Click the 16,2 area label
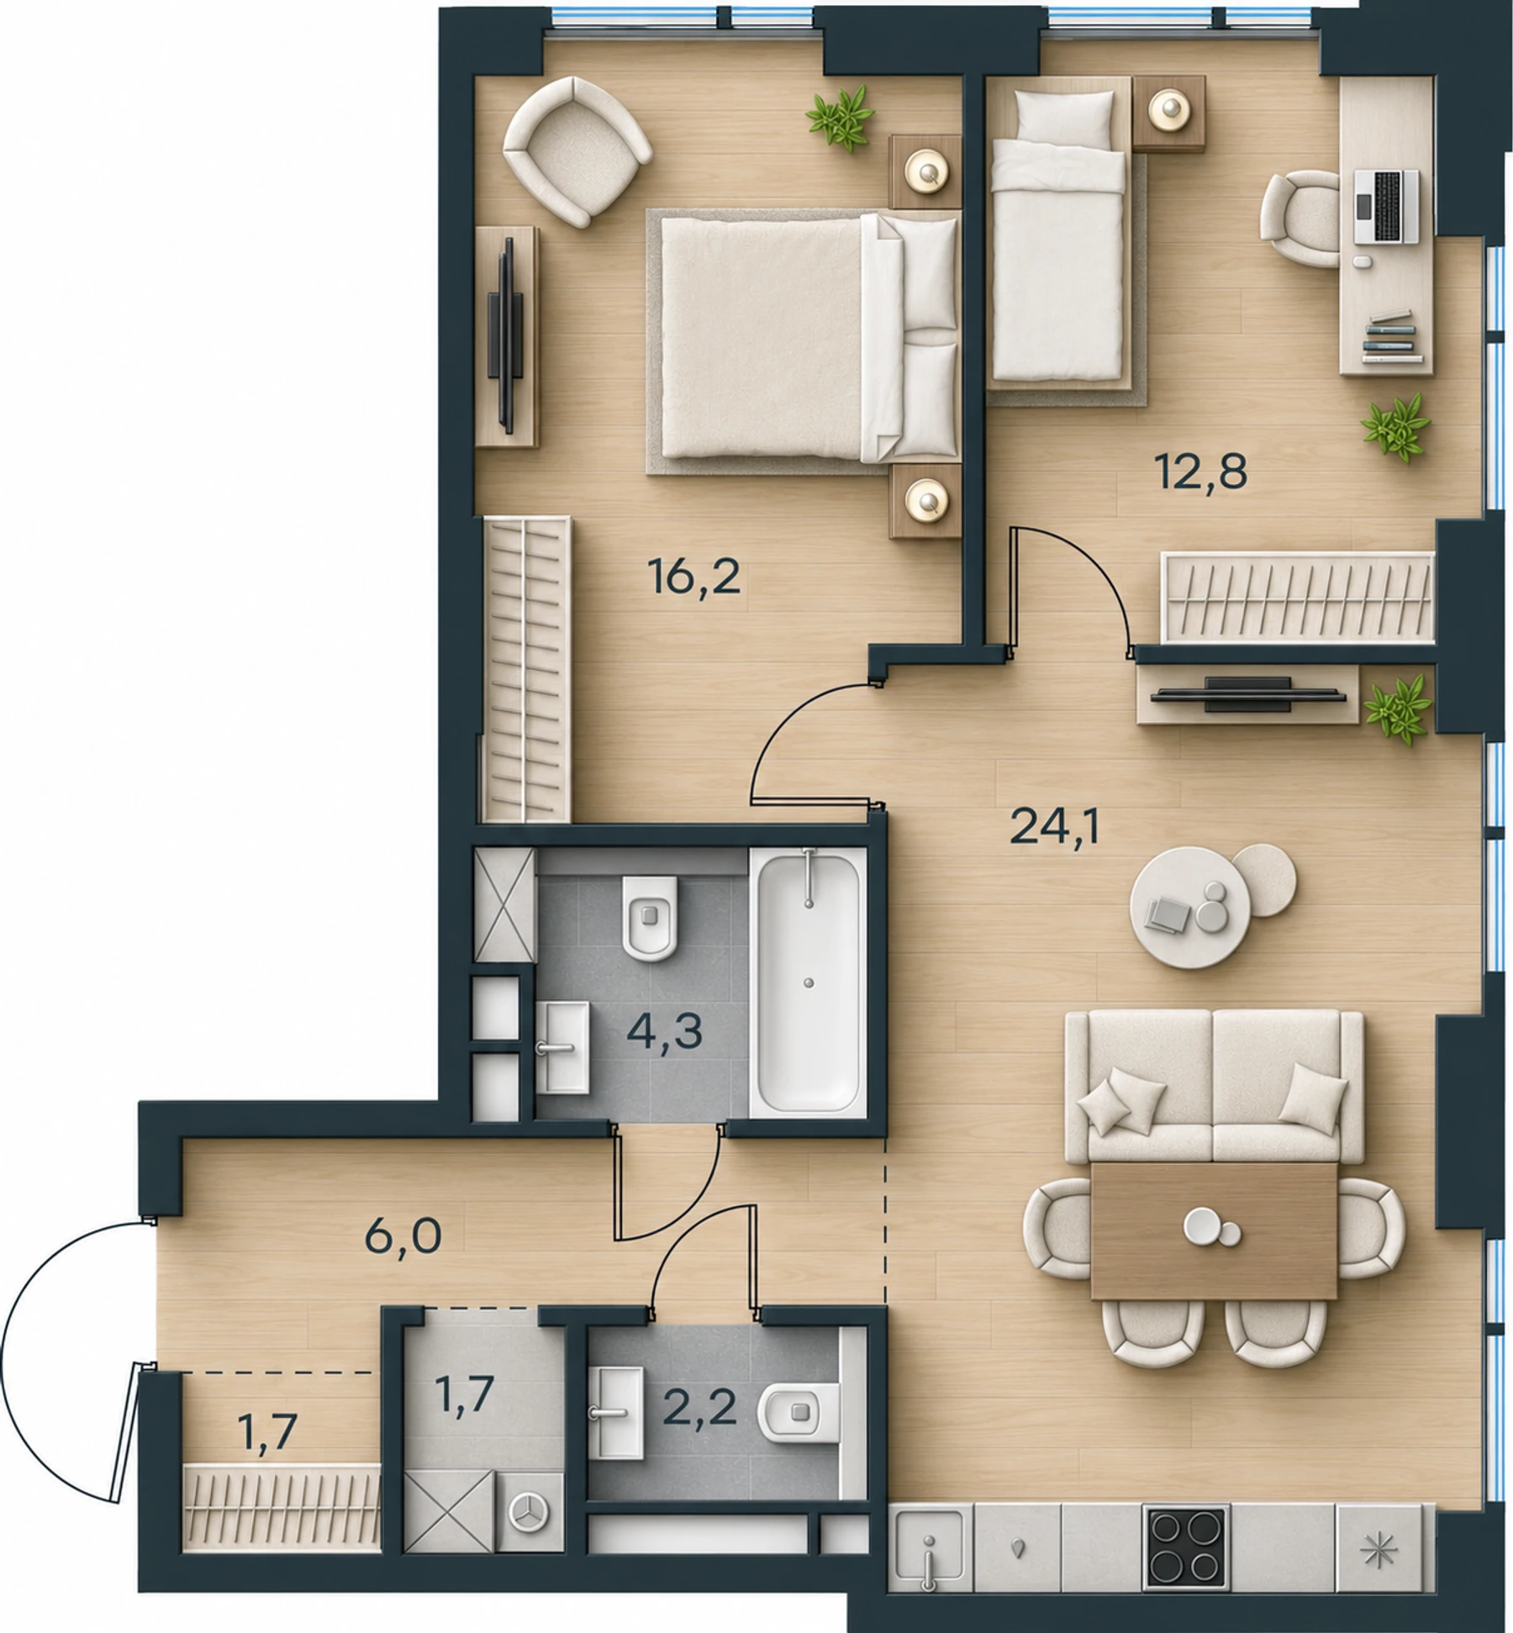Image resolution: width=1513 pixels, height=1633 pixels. (x=694, y=578)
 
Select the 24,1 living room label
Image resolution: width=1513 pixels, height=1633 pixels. (x=1054, y=828)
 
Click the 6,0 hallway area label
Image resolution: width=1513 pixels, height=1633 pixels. (x=403, y=1235)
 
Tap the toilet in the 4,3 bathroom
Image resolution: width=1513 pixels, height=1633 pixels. (x=650, y=918)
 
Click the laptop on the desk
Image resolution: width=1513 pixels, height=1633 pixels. (x=1386, y=207)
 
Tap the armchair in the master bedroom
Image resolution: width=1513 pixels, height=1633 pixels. (x=577, y=150)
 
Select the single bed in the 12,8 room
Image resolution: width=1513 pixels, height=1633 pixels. (x=1058, y=234)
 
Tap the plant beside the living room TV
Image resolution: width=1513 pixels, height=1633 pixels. (x=1398, y=709)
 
